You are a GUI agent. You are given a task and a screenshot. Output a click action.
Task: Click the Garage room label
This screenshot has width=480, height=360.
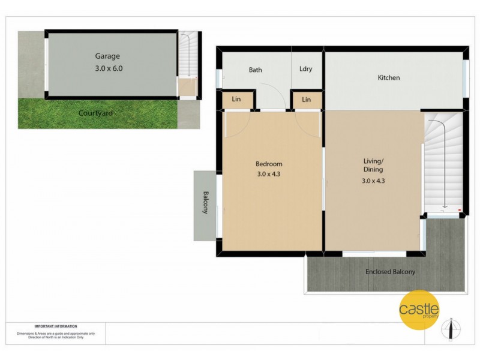(x=107, y=56)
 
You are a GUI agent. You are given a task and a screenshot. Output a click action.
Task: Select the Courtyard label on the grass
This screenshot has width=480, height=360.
(x=95, y=113)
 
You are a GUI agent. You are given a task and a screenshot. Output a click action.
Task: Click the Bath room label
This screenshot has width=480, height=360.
(x=256, y=70)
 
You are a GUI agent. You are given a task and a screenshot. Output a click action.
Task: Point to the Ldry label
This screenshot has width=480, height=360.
(x=305, y=69)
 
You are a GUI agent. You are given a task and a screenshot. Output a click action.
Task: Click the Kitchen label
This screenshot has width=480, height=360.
(x=388, y=77)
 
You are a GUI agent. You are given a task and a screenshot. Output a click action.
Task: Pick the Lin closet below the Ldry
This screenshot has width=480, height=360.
(x=306, y=100)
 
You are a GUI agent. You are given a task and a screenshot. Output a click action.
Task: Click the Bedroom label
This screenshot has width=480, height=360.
(x=269, y=164)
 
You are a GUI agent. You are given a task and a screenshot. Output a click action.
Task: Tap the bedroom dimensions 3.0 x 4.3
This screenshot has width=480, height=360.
(x=269, y=175)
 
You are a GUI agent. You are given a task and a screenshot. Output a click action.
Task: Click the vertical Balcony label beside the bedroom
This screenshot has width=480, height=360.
(x=205, y=202)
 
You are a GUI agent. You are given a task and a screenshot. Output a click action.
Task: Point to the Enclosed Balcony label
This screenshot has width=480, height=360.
(x=390, y=272)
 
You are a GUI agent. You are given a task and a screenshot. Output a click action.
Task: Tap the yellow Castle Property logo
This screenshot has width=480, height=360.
(x=419, y=310)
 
